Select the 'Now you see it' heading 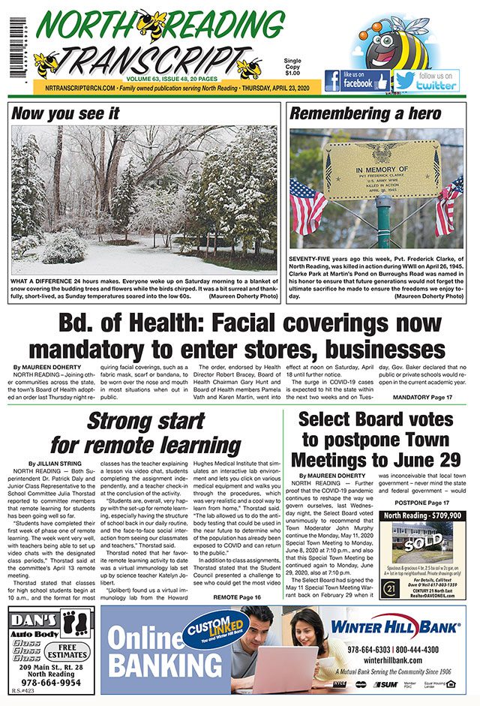[x=66, y=114]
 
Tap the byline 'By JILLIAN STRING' [x=54, y=464]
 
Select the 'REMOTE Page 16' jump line [x=237, y=597]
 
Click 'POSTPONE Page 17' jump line [x=421, y=502]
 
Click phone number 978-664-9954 [x=52, y=683]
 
